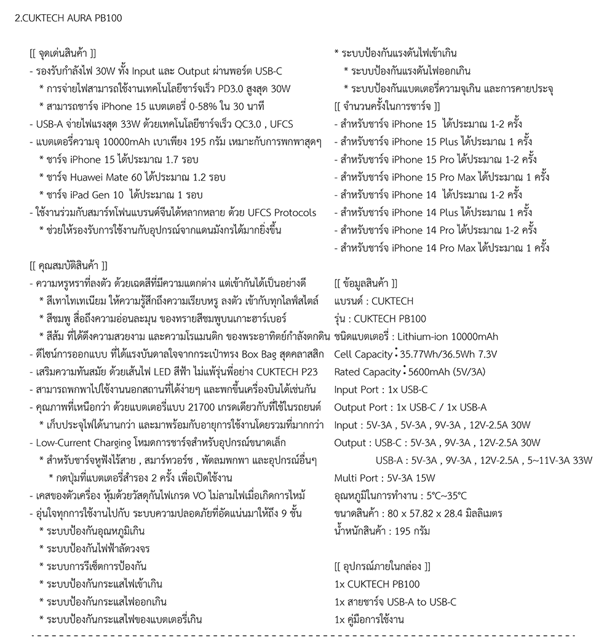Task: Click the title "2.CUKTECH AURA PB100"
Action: click(x=68, y=18)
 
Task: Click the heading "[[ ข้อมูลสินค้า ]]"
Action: click(x=365, y=283)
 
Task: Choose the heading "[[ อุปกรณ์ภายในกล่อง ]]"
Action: click(x=382, y=566)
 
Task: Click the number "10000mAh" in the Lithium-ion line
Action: click(x=475, y=337)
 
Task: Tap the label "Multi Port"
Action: click(x=356, y=478)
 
